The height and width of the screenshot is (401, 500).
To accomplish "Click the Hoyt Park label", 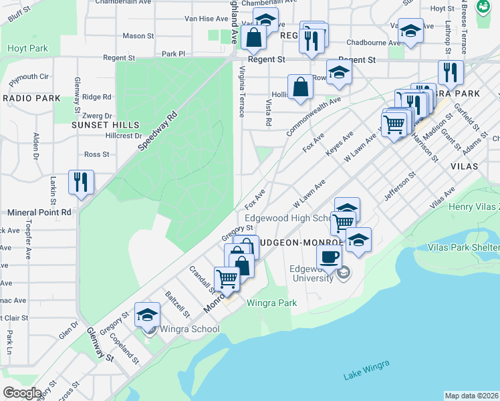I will [x=27, y=48].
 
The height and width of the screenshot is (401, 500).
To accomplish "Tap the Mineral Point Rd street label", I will [x=39, y=213].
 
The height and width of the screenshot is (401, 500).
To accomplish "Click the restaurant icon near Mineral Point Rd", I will [x=81, y=182].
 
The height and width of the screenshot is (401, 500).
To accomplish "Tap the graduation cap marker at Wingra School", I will [x=147, y=315].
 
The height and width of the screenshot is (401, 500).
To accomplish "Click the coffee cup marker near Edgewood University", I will [x=328, y=256].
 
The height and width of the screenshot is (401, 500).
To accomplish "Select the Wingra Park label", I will [x=271, y=303].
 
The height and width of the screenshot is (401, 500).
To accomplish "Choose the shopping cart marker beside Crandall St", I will [x=227, y=278].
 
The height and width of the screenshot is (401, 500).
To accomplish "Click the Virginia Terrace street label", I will [x=241, y=93].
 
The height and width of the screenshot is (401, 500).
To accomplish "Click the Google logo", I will [x=22, y=392].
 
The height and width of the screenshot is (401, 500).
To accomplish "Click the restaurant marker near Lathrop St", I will [x=451, y=72].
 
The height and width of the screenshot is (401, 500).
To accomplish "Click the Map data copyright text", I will [x=471, y=396].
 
